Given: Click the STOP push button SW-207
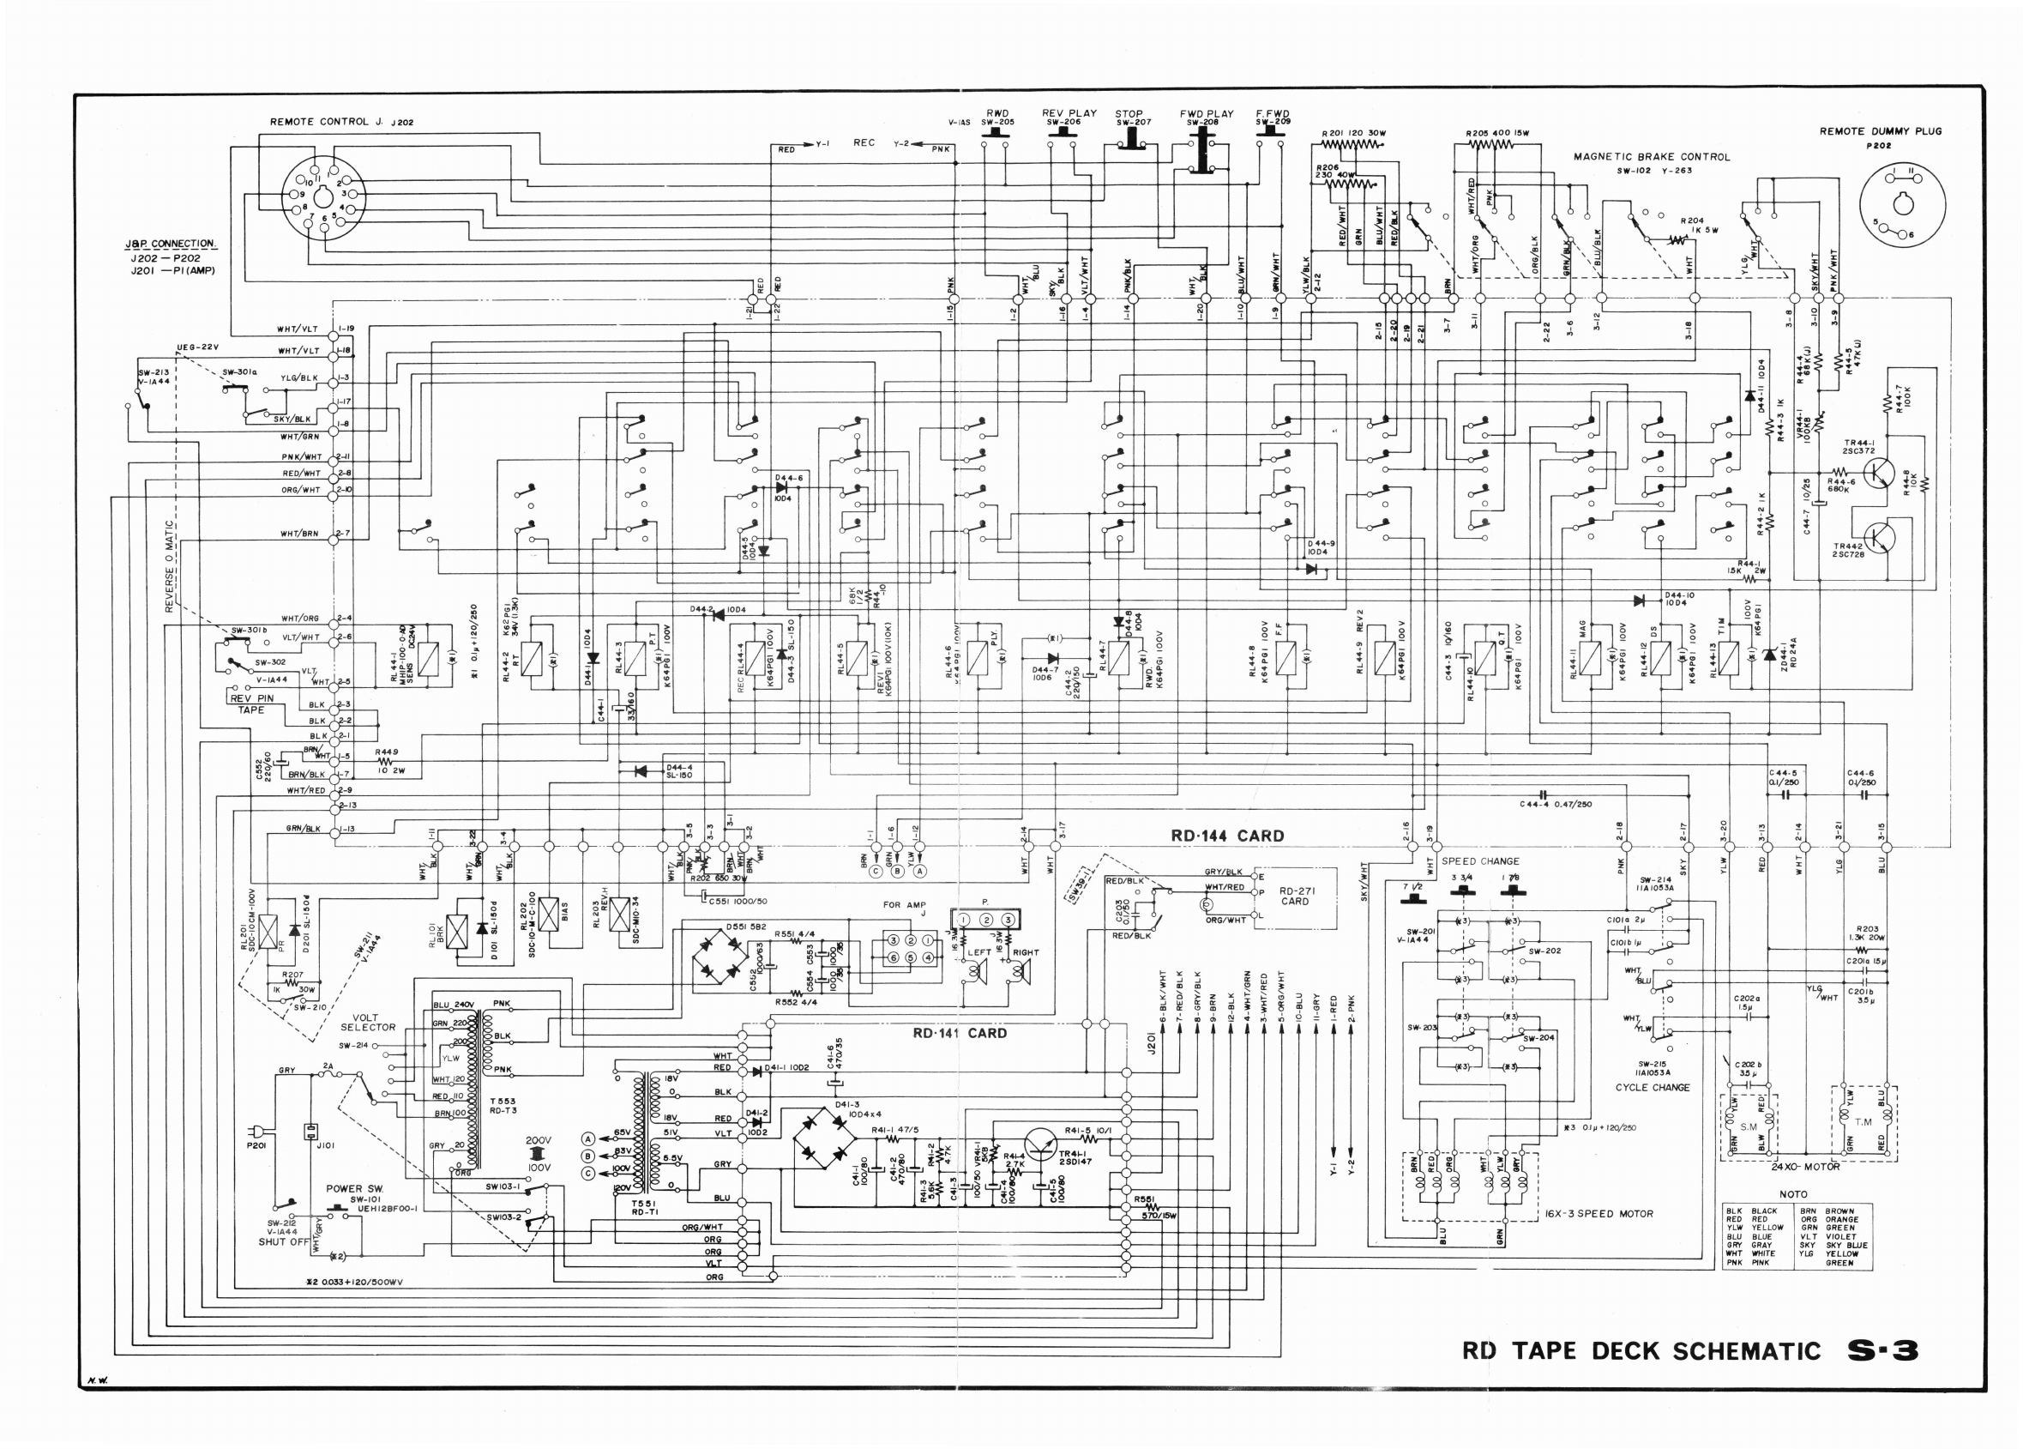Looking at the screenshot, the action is click(1131, 138).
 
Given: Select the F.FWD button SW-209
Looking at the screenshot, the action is click(1271, 133).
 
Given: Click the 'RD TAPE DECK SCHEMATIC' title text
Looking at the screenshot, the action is click(1641, 1351).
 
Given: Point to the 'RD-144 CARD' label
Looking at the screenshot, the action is click(1227, 836).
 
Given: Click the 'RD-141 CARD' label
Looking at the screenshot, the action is click(959, 1033).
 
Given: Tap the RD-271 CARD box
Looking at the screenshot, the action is click(1296, 897).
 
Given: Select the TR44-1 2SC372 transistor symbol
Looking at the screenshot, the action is click(1877, 473).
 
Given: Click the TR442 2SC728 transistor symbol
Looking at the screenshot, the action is click(1877, 538).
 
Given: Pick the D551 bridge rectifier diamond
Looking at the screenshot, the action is click(720, 961).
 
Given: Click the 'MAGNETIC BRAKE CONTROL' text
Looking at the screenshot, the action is click(1651, 157).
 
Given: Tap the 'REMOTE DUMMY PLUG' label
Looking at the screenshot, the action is click(1881, 131).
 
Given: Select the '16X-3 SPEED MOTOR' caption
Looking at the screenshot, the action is click(1599, 1213).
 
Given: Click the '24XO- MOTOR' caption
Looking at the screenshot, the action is click(1805, 1166).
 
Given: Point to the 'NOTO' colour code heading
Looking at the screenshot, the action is click(1793, 1194).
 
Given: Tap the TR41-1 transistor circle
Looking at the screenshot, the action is click(1040, 1143).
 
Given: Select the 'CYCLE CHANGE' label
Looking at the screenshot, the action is click(1652, 1088).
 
